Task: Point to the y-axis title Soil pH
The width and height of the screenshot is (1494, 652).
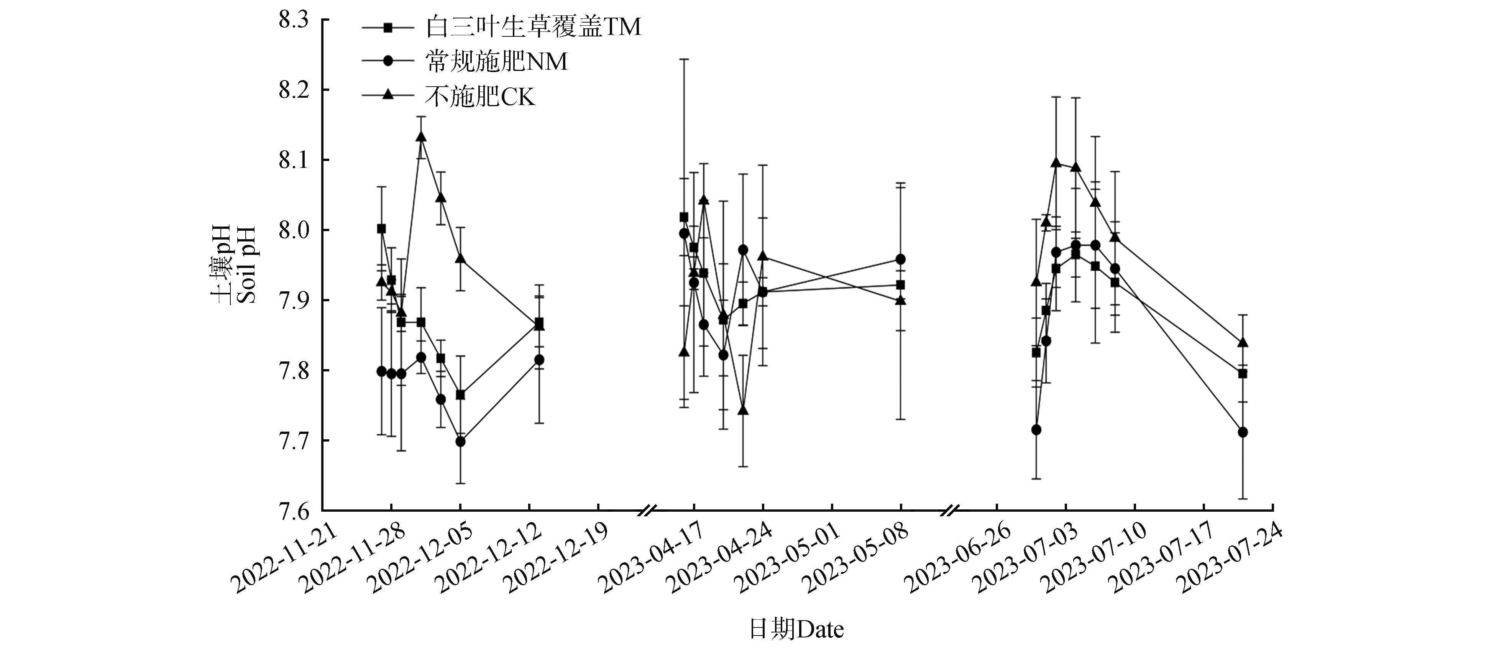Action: tap(246, 264)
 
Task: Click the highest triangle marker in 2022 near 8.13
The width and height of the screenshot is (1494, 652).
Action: tap(421, 137)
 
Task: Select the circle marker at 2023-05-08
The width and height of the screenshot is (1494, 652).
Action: tap(901, 259)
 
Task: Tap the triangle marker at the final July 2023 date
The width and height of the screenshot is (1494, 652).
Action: tap(1242, 343)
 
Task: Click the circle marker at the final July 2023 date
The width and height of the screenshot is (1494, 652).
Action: tap(1242, 432)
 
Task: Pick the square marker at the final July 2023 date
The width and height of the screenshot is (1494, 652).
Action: tap(1242, 374)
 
